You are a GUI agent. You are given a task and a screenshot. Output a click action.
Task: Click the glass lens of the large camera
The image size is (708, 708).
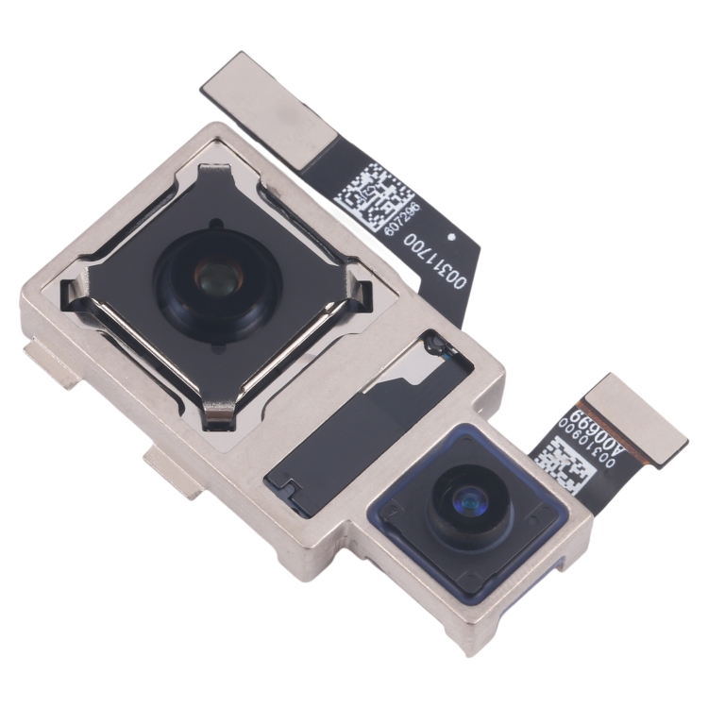coord(214,278)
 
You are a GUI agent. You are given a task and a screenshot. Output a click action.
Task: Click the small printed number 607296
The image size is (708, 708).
coord(408,224)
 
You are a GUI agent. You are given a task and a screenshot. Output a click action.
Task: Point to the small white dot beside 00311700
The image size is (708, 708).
coord(453,237)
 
